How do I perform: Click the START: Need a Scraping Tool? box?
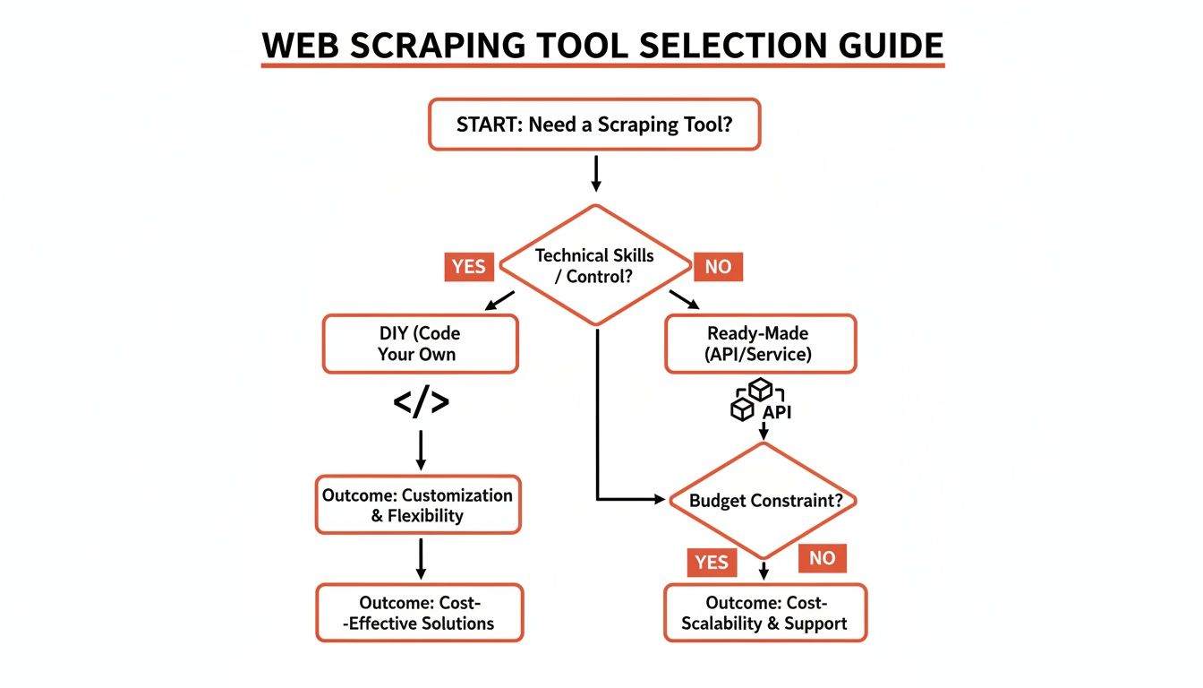(594, 124)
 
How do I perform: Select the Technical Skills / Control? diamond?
(594, 265)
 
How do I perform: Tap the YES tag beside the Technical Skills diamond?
(468, 266)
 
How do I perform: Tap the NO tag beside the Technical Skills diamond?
(718, 266)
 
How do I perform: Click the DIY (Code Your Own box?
(420, 343)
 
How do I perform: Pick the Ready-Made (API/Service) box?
(760, 343)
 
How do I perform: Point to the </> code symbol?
(421, 403)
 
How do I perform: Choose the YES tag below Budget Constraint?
(712, 562)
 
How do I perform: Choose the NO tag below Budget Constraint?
(822, 558)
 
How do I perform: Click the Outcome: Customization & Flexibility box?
(418, 505)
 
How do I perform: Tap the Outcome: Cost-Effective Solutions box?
(419, 613)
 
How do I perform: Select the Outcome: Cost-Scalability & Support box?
(764, 613)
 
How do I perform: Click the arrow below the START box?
(595, 173)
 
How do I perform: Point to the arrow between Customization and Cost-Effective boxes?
(420, 558)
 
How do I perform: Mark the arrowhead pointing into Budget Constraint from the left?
(662, 498)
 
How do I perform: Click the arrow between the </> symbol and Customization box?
(420, 450)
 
